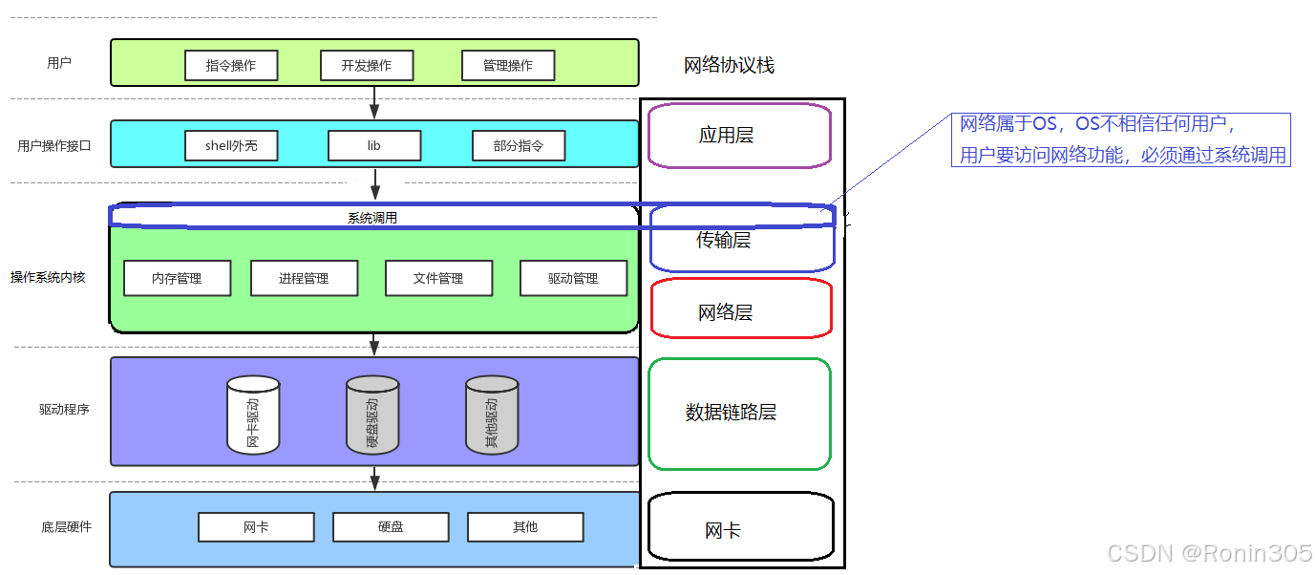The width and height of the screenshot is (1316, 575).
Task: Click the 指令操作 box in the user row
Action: (231, 66)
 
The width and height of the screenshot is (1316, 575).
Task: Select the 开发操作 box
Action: (367, 66)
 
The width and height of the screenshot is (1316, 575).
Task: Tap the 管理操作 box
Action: (507, 66)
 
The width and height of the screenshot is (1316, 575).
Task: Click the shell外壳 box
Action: (231, 146)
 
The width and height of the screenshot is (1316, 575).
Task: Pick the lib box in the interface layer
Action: (373, 146)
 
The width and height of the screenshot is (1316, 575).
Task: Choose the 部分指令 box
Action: (519, 146)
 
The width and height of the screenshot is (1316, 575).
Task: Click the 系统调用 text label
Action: (372, 218)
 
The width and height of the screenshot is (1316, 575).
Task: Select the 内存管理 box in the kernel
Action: (177, 278)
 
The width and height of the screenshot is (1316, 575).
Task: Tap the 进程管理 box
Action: (304, 278)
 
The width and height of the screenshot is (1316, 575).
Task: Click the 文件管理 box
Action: (438, 278)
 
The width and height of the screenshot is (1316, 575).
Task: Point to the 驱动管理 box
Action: (573, 278)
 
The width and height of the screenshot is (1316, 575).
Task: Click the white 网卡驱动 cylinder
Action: (253, 415)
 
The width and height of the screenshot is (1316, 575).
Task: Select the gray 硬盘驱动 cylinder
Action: (372, 415)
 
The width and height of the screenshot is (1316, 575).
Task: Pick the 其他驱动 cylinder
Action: (492, 415)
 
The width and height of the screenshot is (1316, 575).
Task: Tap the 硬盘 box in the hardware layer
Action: (390, 527)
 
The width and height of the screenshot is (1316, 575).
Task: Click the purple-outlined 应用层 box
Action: (738, 136)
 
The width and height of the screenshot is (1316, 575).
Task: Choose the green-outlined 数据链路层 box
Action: (738, 414)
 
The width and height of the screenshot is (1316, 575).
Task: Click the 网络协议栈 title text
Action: (729, 66)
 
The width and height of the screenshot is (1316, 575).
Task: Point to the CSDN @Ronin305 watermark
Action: (1208, 553)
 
